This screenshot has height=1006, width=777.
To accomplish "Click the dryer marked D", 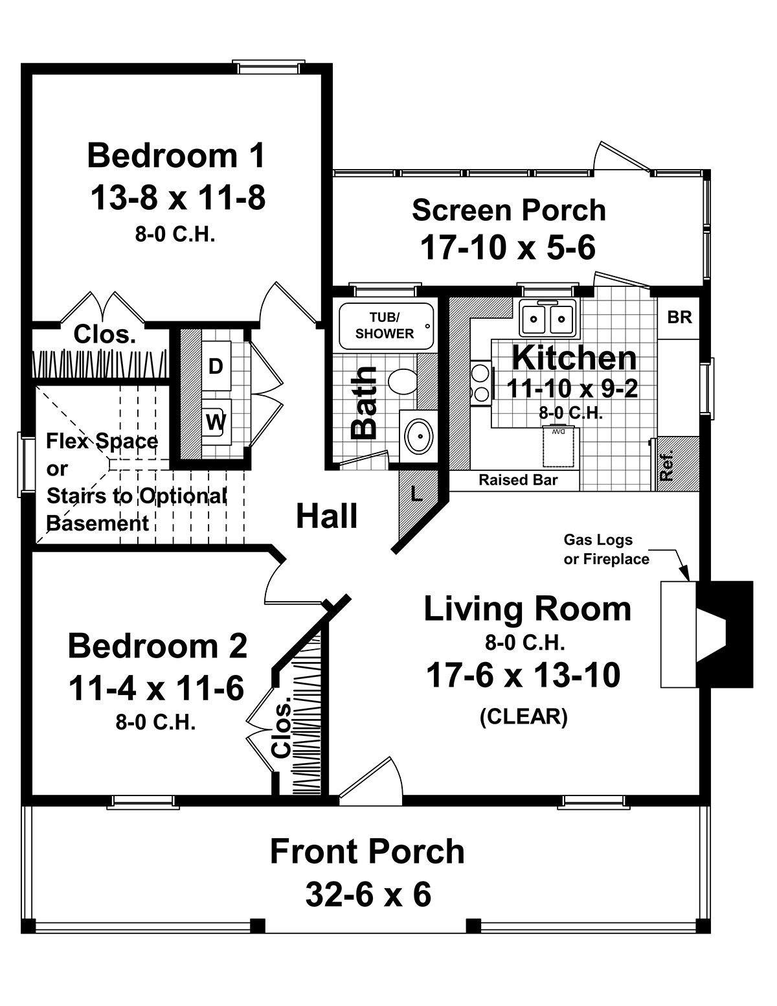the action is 216,366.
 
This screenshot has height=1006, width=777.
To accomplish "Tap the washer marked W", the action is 216,421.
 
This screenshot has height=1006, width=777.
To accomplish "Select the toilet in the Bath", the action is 401,380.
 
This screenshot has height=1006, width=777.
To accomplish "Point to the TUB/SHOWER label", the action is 385,325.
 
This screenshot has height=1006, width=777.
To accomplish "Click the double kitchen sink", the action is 548,317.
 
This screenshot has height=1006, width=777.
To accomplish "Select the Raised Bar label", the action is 518,480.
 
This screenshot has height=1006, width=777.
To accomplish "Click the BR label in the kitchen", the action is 679,317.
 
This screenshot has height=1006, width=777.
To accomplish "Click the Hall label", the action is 327,516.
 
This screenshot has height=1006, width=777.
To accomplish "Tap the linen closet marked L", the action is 417,495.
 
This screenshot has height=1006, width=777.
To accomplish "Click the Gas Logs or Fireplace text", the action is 607,549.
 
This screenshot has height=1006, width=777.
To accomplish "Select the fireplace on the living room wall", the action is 707,634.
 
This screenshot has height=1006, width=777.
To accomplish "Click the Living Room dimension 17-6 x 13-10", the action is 523,676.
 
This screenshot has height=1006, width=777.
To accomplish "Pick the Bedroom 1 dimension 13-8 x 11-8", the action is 177,197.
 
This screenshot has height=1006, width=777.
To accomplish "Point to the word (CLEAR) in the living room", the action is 523,717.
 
